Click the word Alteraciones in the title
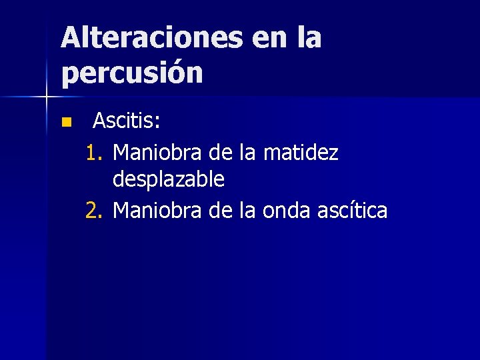151,38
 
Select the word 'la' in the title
310,38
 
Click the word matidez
301,154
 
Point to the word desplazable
169,179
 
